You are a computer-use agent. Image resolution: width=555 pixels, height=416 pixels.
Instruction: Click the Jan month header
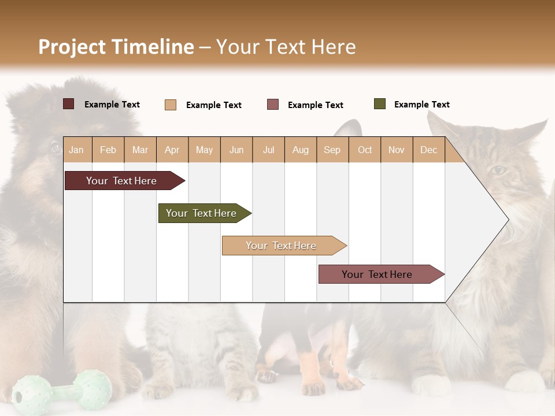pos(76,150)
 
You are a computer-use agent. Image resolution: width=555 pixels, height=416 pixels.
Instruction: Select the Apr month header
pos(172,150)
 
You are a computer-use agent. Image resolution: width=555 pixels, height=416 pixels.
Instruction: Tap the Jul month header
pos(268,150)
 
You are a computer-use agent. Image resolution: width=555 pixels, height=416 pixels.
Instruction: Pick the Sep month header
pos(332,150)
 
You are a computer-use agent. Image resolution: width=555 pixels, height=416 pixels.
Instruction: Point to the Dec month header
pos(428,150)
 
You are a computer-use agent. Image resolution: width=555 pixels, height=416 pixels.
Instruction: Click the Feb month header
pos(108,150)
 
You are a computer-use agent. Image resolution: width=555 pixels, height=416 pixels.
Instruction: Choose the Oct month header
pos(365,150)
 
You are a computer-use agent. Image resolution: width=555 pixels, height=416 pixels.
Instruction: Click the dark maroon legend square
pos(69,104)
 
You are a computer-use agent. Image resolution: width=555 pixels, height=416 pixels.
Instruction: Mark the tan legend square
pos(171,105)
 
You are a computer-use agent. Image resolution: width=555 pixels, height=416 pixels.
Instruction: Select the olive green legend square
pos(380,104)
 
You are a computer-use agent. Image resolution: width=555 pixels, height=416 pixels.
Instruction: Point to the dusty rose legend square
pos(273,105)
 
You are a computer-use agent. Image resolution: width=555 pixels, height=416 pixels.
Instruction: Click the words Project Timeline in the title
pos(116,47)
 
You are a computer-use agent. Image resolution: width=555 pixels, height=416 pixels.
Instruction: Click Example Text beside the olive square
pos(421,105)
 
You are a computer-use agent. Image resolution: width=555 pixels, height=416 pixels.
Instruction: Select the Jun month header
pos(236,150)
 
